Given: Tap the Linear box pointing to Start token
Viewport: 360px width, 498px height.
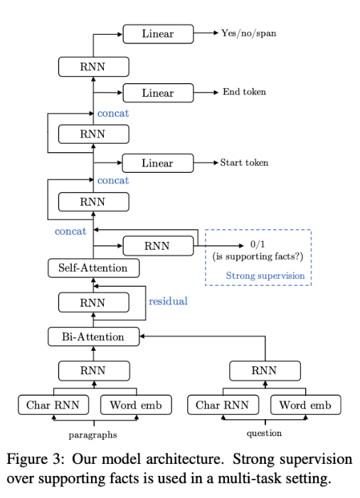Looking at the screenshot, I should (x=158, y=163).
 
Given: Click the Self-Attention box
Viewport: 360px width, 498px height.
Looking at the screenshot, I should (x=93, y=268).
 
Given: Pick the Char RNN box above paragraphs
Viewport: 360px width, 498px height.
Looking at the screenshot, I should (x=52, y=406).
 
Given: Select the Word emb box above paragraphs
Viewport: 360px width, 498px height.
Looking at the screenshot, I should (x=135, y=406).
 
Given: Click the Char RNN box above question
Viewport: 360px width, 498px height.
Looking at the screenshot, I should (x=222, y=406).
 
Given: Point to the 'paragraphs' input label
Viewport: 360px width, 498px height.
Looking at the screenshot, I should (x=93, y=433).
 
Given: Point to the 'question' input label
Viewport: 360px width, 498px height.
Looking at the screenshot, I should (x=264, y=431).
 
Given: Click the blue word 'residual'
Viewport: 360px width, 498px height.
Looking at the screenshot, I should (x=167, y=301).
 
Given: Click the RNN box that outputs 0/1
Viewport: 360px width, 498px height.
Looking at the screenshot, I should (x=158, y=245).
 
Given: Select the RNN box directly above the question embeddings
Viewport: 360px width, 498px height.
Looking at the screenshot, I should (x=264, y=369).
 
